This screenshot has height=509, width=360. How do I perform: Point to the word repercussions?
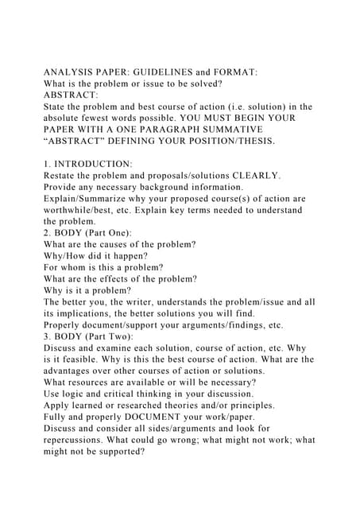82,440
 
